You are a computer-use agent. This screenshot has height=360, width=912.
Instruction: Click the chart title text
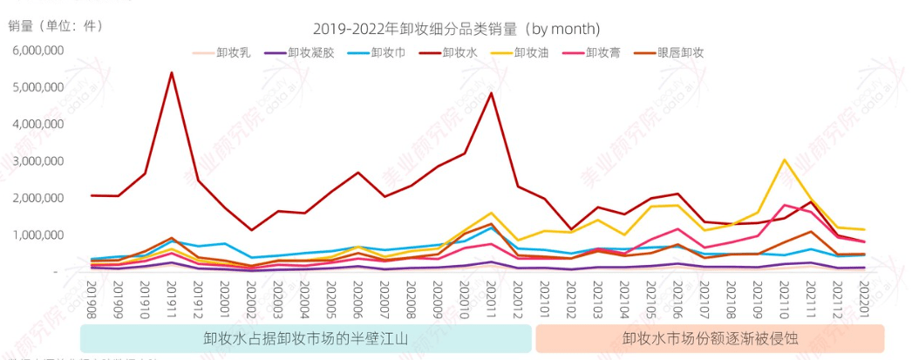point(457,30)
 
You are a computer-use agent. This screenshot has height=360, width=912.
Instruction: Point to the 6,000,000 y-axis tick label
point(37,50)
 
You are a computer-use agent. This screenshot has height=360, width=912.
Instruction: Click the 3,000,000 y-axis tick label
point(37,160)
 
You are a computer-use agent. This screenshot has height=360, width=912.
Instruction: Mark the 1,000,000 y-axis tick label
point(37,234)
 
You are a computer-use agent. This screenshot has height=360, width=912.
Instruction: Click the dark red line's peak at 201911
point(172,72)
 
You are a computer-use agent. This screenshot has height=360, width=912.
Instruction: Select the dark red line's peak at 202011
point(492,93)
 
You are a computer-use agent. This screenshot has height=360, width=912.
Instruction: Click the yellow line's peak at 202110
point(785,160)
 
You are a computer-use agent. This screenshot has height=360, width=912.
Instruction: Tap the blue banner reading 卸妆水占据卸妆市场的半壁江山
point(305,338)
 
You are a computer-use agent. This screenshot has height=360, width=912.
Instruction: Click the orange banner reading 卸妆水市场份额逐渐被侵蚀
point(710,338)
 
